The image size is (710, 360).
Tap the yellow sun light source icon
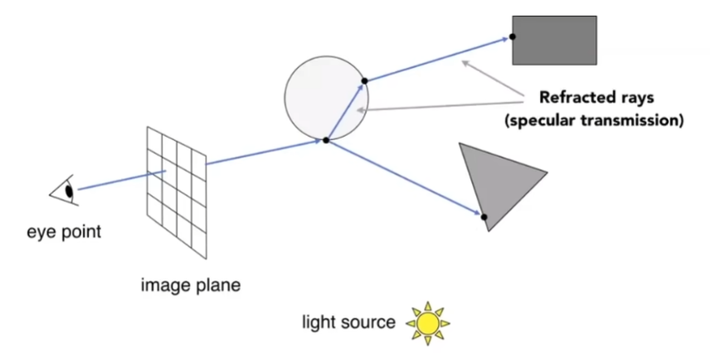(x=427, y=324)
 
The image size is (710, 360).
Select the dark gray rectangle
(x=554, y=41)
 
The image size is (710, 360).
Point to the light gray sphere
(x=326, y=97)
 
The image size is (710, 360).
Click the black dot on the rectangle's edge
(x=512, y=36)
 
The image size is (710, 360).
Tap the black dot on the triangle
(x=484, y=216)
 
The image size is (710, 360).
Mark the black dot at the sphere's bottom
(x=326, y=140)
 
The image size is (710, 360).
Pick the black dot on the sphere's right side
(x=364, y=80)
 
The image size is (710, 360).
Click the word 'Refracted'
(x=571, y=97)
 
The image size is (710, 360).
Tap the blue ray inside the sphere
(x=345, y=111)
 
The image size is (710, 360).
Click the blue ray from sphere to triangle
(x=405, y=178)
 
